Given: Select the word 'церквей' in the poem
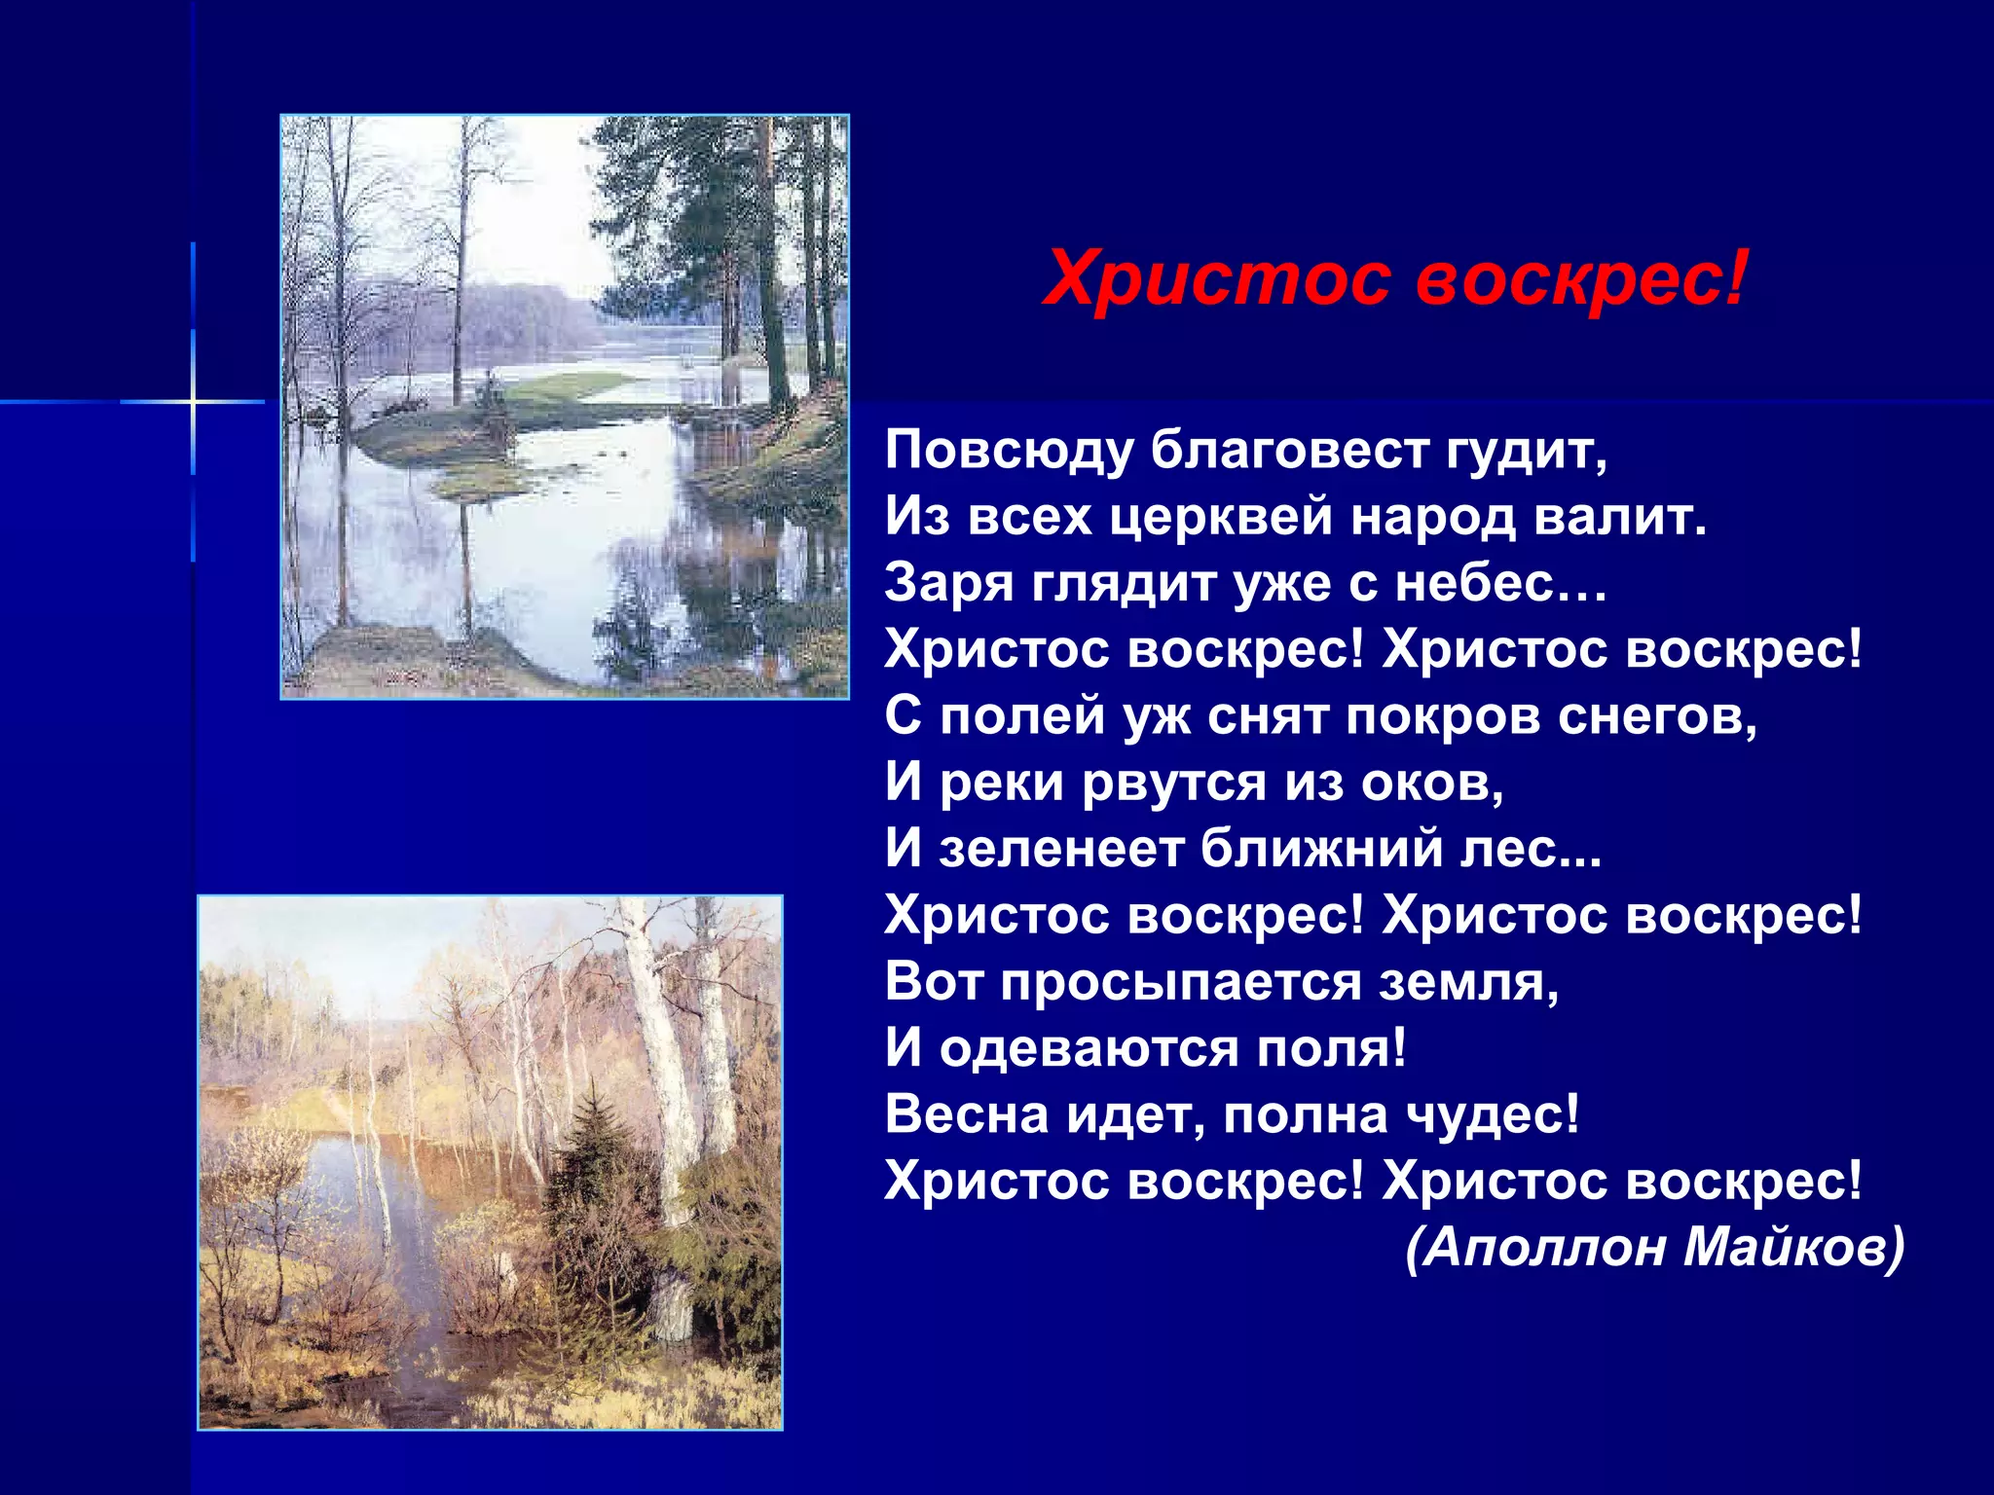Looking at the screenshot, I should point(1221,517).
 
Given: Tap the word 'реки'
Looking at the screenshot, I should point(1002,783).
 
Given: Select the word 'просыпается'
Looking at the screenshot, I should point(1180,982).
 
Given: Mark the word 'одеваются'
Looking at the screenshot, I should point(1089,1049).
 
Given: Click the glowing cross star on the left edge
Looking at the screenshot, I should point(193,401).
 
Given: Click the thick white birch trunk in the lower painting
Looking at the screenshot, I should point(662,1051).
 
